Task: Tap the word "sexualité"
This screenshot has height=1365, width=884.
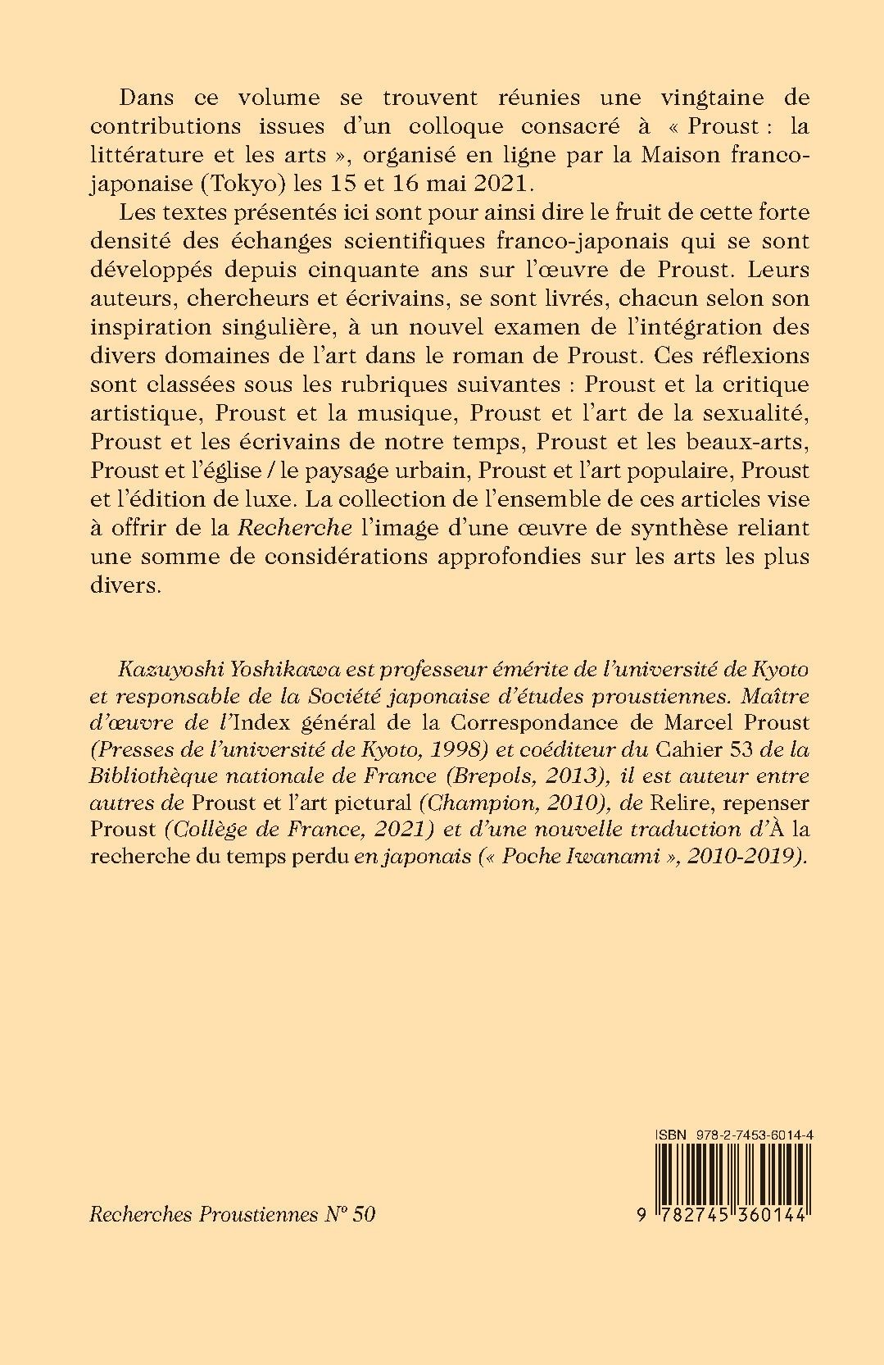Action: click(x=746, y=413)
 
